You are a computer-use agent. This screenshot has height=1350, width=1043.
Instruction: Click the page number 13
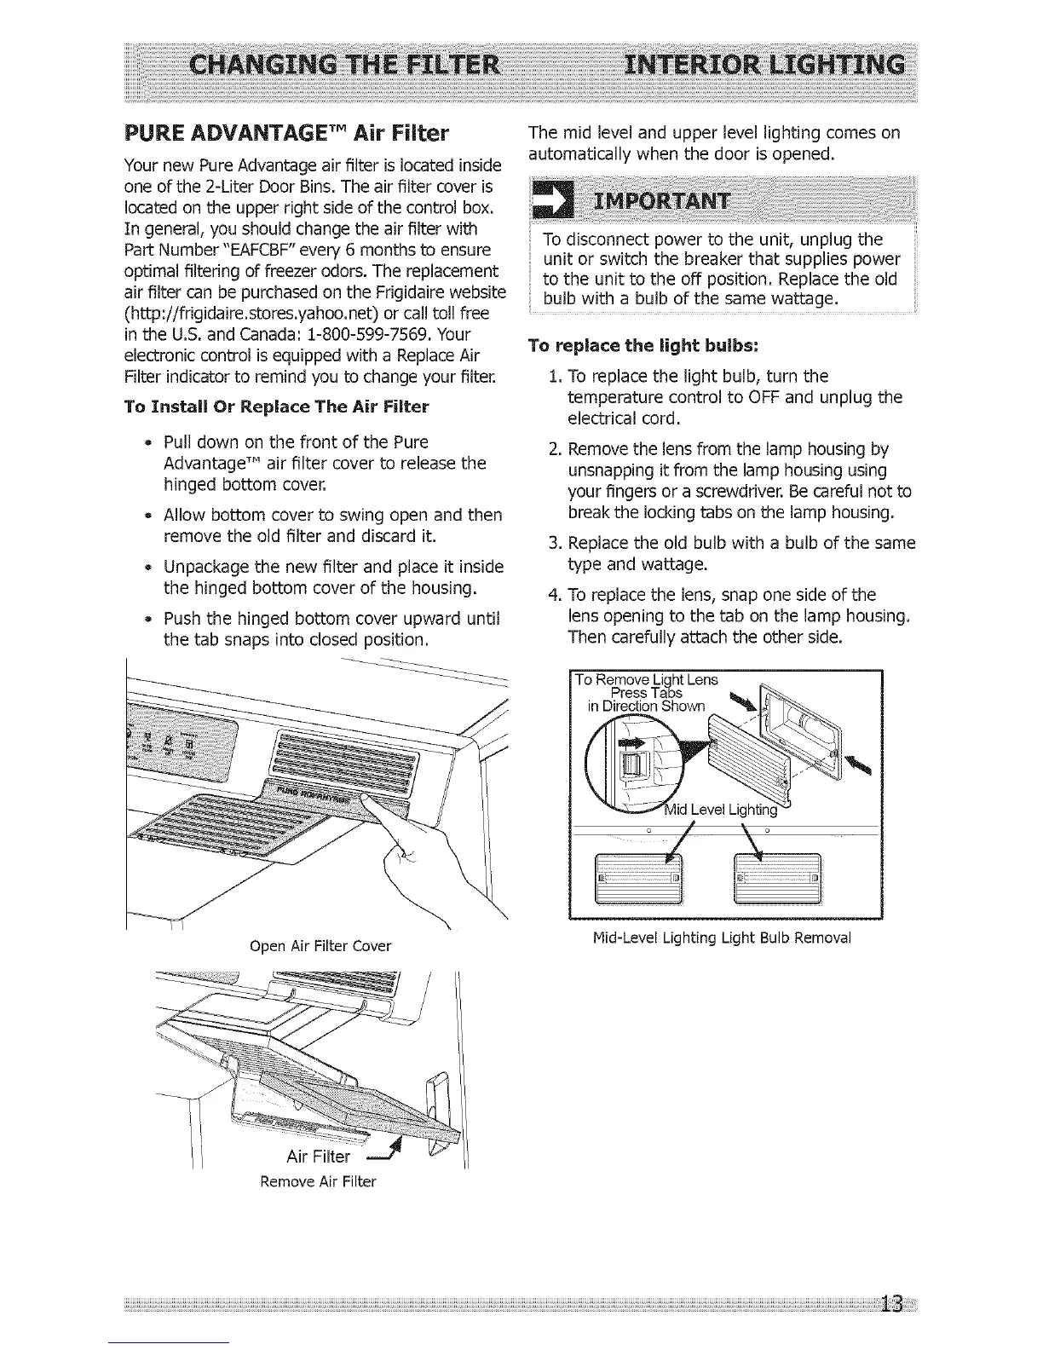click(893, 1305)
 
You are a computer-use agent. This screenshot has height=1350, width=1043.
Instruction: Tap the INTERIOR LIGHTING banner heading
click(764, 66)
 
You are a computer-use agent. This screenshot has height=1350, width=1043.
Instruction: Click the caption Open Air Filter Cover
click(320, 945)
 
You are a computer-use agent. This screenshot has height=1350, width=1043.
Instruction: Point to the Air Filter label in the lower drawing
click(318, 1157)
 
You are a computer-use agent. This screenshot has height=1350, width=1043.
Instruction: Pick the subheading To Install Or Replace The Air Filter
click(276, 407)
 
